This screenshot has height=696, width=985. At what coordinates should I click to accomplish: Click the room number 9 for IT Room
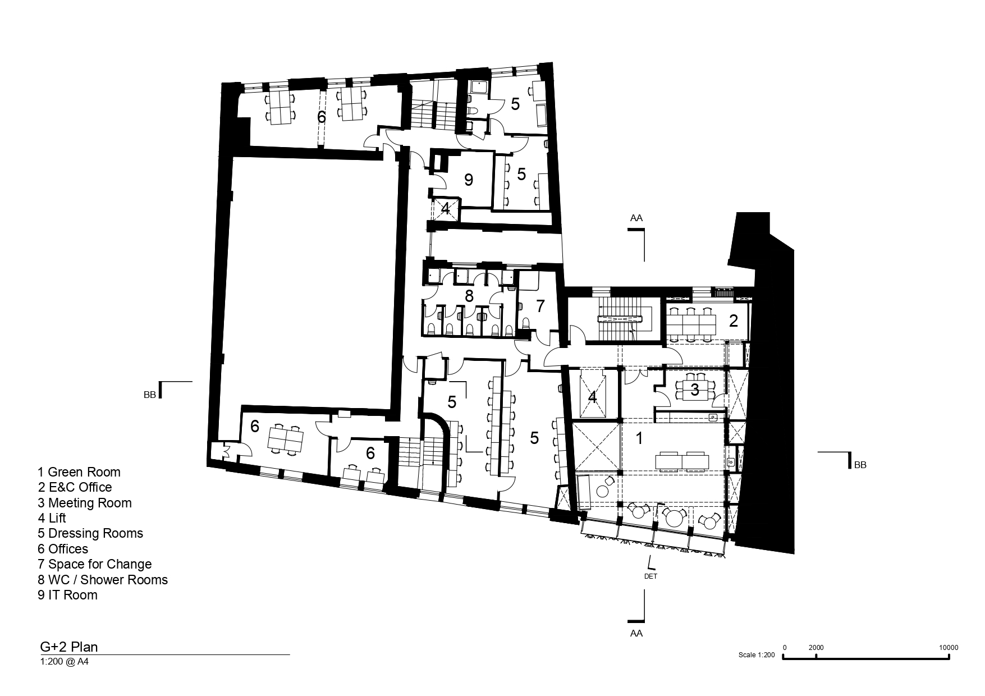click(469, 180)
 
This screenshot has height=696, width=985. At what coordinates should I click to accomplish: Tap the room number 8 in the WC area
click(469, 295)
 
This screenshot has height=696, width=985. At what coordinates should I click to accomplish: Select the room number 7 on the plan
click(540, 306)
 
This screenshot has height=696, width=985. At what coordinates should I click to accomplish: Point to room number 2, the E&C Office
click(734, 321)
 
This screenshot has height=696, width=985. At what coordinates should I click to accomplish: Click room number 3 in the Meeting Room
click(695, 390)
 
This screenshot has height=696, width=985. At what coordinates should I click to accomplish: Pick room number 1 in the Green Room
click(639, 438)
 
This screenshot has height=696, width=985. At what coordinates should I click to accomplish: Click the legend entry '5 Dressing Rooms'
click(90, 533)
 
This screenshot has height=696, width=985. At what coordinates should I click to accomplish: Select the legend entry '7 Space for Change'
click(95, 564)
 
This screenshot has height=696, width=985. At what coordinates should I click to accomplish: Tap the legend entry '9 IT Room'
click(67, 595)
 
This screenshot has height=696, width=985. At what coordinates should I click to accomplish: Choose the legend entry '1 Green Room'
click(79, 472)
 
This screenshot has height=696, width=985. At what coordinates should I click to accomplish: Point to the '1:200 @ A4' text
click(65, 662)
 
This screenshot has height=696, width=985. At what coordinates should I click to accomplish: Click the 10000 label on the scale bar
click(949, 647)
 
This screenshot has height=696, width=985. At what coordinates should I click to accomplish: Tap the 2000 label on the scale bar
click(816, 647)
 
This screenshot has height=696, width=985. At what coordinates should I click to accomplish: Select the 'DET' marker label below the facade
click(651, 576)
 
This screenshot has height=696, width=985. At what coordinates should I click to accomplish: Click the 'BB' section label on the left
click(149, 395)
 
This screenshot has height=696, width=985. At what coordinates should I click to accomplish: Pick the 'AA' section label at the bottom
click(636, 633)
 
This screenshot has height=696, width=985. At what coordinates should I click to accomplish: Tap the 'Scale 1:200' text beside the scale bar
click(757, 655)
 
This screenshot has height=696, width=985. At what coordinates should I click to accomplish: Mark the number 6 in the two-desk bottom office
click(370, 453)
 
